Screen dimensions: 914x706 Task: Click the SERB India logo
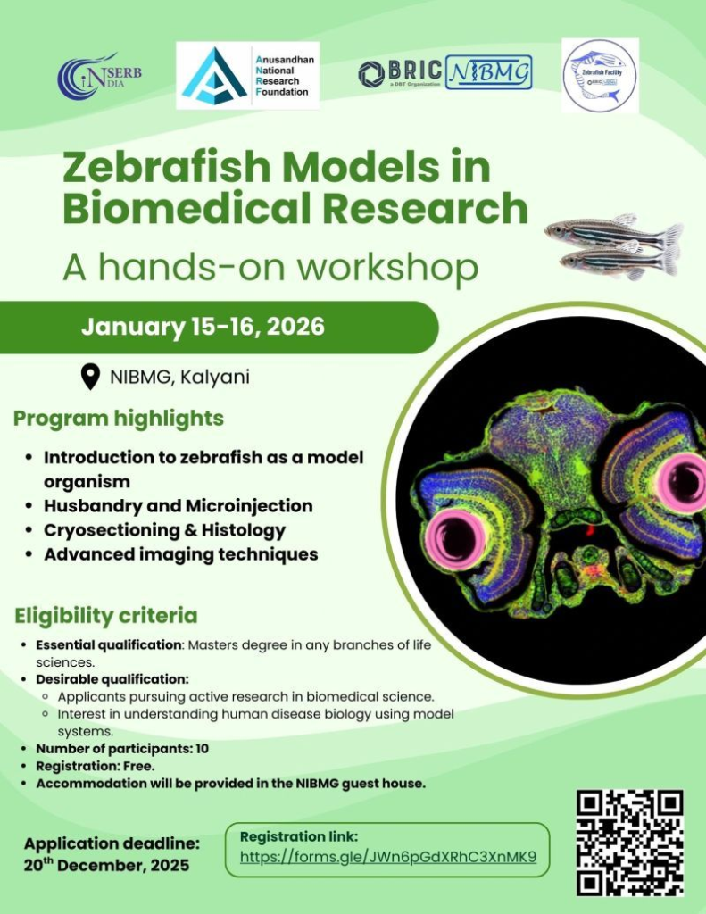(x=98, y=77)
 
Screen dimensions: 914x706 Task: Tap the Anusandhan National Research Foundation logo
(x=247, y=75)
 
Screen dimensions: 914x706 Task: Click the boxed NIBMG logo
(x=487, y=72)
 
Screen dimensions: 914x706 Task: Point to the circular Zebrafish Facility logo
(x=599, y=76)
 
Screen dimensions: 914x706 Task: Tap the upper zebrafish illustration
(x=613, y=233)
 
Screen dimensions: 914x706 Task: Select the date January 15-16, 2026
(x=203, y=327)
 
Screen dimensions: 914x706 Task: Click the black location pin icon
(x=90, y=377)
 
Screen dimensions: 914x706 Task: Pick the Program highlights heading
(x=119, y=418)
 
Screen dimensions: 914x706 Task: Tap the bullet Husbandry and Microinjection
(x=179, y=506)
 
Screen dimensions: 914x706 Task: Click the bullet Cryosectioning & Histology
(x=165, y=530)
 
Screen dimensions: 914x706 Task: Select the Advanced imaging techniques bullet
(x=181, y=554)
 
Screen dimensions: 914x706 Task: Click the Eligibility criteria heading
(x=106, y=616)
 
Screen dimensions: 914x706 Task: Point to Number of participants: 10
(x=122, y=749)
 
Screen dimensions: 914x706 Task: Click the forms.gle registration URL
(x=388, y=858)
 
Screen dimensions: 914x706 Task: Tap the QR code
(x=630, y=842)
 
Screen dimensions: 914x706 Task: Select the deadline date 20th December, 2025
(x=107, y=865)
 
